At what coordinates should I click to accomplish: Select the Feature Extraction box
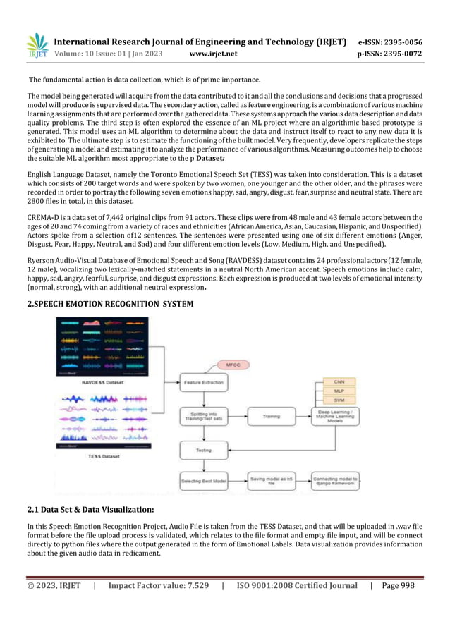(x=203, y=381)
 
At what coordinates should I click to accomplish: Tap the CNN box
(x=339, y=381)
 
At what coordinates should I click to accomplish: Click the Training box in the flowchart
(x=271, y=416)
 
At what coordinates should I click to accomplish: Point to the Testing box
(x=203, y=449)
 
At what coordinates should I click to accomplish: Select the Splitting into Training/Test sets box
(x=203, y=416)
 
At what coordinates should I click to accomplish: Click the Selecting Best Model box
(x=203, y=482)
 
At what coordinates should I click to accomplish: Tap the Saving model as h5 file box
(x=271, y=482)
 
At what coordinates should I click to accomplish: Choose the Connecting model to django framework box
(x=336, y=482)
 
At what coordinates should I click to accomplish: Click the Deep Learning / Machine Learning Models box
(x=336, y=416)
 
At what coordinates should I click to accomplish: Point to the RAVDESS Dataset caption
(x=103, y=382)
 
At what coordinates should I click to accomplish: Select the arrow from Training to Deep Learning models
(x=303, y=416)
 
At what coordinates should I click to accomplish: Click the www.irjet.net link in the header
(x=214, y=53)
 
